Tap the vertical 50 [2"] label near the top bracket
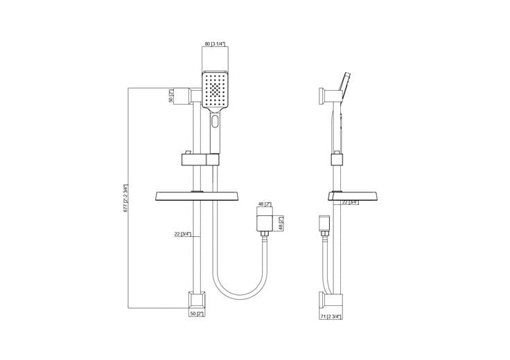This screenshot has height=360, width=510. [x=172, y=96]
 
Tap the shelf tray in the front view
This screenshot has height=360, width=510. [x=198, y=196]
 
